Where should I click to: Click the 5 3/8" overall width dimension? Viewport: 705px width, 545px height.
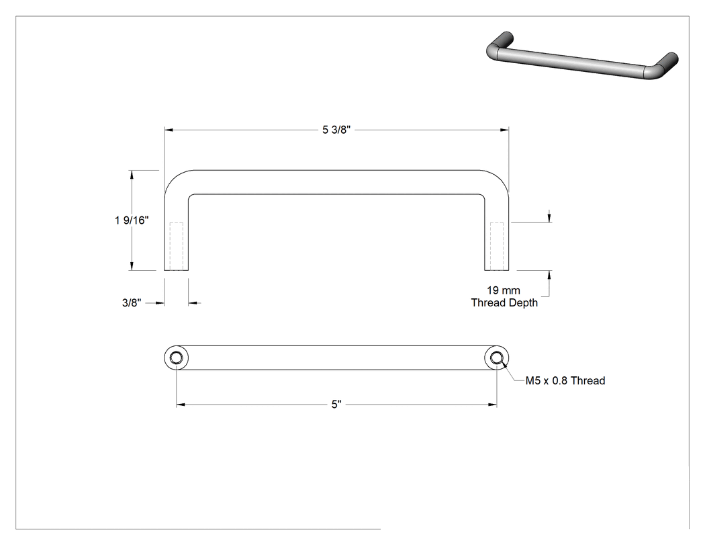point(336,130)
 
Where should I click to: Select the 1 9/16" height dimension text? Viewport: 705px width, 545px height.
point(132,220)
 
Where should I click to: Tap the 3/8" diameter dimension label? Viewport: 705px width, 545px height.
point(132,303)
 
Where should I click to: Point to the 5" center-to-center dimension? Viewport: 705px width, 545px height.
point(336,405)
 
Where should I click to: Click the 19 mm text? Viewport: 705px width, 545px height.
point(504,290)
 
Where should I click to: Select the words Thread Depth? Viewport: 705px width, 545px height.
point(504,302)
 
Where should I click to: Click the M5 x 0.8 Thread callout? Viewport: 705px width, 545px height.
point(565,381)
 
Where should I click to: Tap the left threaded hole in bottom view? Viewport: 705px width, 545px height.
point(176,358)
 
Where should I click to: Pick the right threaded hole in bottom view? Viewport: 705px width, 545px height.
point(496,358)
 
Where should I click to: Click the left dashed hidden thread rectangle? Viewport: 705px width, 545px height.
point(176,246)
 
